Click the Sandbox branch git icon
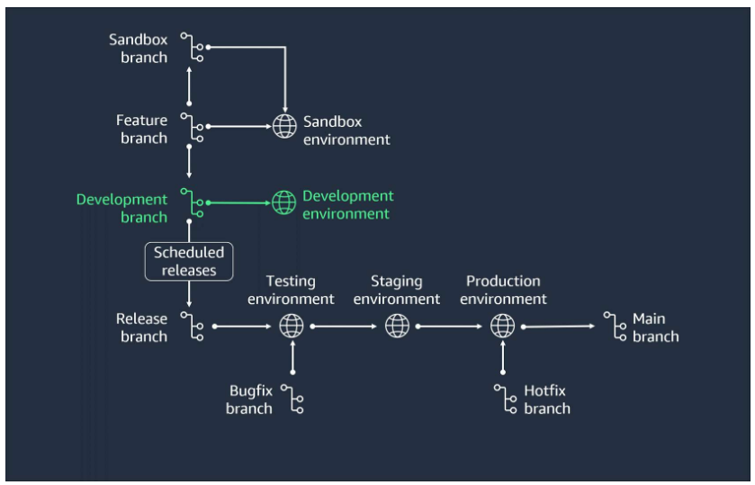192,48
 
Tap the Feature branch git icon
192,127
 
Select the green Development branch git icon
192,203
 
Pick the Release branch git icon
192,326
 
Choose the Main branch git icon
615,326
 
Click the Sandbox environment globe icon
284,127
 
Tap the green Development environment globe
284,203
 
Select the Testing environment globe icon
292,326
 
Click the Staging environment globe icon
397,326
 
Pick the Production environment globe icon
502,326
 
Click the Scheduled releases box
188,261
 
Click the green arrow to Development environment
239,203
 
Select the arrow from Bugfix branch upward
292,358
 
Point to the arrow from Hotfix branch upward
502,358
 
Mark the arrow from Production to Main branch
558,326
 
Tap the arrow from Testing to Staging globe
345,326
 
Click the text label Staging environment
397,291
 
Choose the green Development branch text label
121,207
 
